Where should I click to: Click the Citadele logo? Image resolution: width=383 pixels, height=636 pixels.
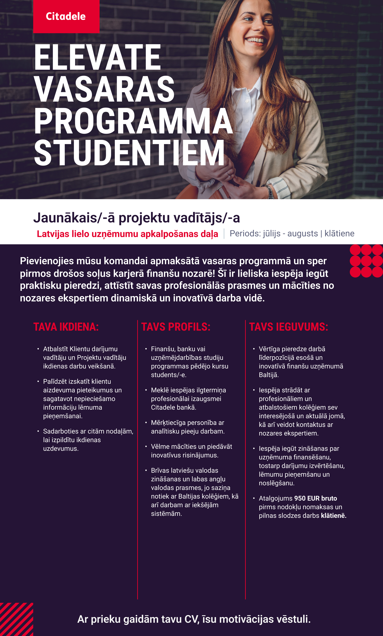pos(66,16)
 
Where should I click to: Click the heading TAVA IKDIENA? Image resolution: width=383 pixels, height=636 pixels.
pos(66,327)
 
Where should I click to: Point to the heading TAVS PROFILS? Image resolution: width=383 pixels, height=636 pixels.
pos(176,327)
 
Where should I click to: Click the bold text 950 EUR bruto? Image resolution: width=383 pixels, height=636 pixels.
pos(316,498)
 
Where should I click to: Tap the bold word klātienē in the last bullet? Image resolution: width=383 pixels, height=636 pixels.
pos(333,516)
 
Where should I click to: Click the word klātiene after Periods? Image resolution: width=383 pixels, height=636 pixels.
pos(339,233)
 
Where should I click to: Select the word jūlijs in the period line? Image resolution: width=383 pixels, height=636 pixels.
pos(271,233)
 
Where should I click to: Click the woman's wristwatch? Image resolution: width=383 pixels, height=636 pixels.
pos(269,191)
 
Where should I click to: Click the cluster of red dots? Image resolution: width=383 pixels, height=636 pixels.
pos(366,261)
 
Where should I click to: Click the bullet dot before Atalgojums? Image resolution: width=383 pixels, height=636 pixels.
pos(254,498)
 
